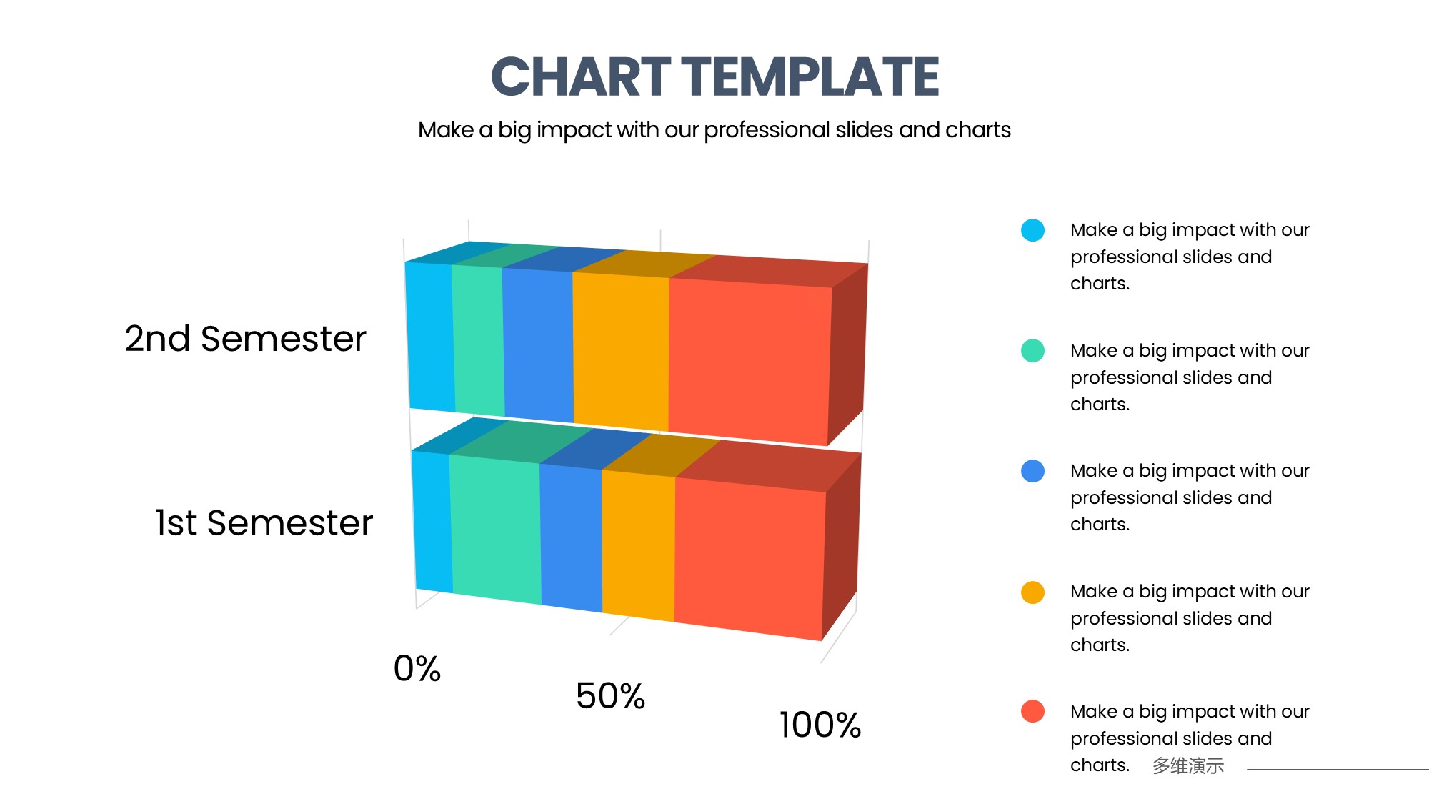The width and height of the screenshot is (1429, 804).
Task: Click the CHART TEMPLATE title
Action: pos(714,76)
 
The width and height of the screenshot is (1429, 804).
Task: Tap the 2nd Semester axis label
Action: pos(245,339)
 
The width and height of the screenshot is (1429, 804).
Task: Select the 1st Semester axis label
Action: pos(264,522)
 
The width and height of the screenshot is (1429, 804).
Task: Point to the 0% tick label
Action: pos(417,669)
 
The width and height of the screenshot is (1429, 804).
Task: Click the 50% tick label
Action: pos(610,696)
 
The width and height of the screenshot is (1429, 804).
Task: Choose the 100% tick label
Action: pos(820,725)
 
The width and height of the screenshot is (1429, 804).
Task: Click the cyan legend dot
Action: pos(1032,230)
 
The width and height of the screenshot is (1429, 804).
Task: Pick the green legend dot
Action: pos(1032,351)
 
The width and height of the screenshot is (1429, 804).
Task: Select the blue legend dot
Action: pos(1032,471)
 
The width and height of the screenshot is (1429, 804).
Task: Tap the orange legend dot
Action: pos(1032,592)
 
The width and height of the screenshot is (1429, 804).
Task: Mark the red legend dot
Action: pos(1032,711)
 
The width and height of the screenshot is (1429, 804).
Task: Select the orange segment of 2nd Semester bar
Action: pos(621,348)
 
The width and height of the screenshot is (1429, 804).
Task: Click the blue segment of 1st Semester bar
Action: pos(571,537)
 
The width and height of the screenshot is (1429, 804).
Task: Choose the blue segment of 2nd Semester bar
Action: pos(538,343)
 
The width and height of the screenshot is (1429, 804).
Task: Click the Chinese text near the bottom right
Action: pos(1187,765)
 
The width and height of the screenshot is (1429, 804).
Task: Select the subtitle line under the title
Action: pos(714,130)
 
